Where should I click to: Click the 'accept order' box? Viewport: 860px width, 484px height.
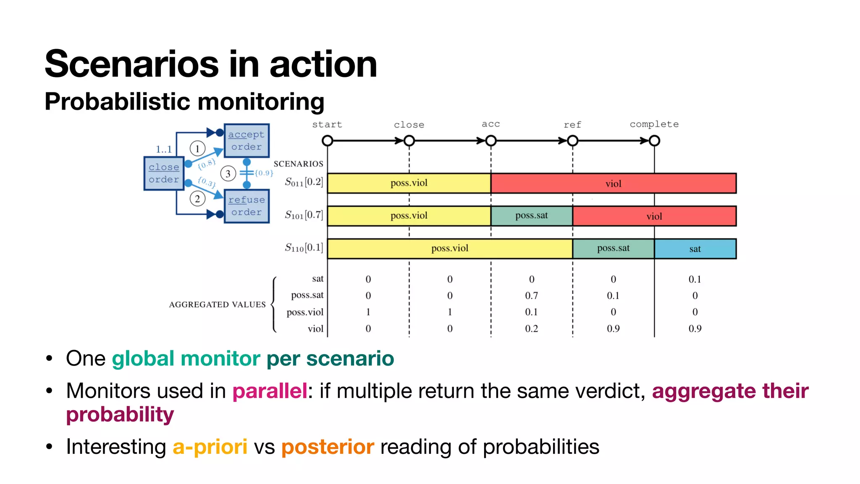(246, 141)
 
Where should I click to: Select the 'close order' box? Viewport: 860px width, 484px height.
(164, 173)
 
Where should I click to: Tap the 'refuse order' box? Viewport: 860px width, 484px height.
(246, 206)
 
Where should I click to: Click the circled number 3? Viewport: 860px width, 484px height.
(228, 174)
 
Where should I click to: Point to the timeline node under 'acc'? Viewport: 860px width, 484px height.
(490, 141)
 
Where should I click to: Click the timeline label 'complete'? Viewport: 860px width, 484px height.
(654, 124)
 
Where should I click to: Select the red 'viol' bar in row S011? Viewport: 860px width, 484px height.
(613, 183)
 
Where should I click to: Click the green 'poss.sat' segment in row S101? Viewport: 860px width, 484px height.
(531, 216)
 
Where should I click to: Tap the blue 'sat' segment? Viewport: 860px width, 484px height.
(695, 249)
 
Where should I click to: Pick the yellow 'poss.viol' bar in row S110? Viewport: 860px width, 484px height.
(450, 248)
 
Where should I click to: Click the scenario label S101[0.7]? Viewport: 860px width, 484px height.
(304, 215)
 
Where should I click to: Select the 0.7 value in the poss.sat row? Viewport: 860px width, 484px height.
(531, 295)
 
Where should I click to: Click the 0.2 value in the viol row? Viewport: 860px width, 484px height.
(531, 329)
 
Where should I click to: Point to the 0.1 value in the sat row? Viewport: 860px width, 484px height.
(695, 279)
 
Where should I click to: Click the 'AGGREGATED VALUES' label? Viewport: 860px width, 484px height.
(217, 305)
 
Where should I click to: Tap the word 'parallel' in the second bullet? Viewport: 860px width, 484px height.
(270, 391)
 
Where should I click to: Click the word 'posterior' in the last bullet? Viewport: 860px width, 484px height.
(328, 447)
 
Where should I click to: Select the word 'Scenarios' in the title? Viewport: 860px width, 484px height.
(131, 64)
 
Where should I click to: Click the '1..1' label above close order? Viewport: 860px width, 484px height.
(164, 149)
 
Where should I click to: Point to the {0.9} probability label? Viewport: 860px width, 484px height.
(264, 173)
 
